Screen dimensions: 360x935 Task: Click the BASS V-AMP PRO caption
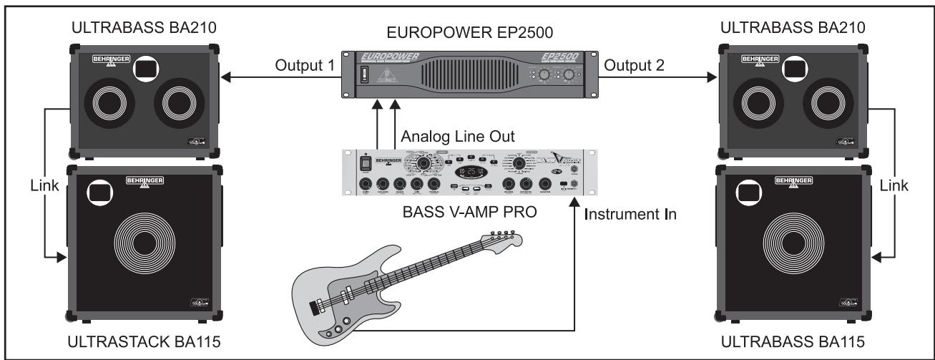[x=468, y=213]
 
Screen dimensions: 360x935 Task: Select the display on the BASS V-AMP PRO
[x=470, y=173]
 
